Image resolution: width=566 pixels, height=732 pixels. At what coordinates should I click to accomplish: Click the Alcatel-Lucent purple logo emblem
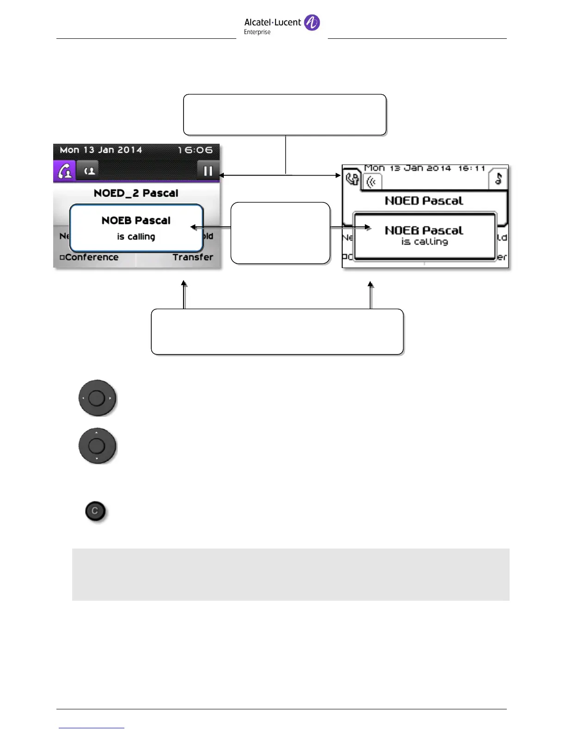coord(312,22)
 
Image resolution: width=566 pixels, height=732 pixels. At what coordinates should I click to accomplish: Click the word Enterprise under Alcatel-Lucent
coord(257,32)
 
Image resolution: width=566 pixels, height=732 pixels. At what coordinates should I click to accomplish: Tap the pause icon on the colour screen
coord(208,171)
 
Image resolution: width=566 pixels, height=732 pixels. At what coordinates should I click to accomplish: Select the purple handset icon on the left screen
coord(64,171)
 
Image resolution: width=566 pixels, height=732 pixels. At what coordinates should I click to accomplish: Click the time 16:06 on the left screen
coord(195,150)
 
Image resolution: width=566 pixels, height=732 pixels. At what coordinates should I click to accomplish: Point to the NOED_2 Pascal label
coord(136,193)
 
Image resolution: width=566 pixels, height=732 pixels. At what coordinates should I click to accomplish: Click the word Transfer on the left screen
coord(193,257)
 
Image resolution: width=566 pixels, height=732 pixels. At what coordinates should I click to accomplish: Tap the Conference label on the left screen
coord(91,257)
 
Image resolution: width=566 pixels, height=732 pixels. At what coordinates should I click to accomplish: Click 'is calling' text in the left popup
coord(136,237)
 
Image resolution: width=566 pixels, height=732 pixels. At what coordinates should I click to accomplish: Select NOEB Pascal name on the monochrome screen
coord(424,230)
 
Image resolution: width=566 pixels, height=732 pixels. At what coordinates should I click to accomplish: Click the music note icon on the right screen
coord(498,179)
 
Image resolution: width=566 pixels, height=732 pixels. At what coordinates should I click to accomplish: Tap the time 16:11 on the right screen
coord(471,168)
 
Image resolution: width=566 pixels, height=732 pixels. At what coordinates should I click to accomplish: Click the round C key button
coord(95,511)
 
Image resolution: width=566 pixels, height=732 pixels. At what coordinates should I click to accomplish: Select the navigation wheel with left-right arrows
coord(97,398)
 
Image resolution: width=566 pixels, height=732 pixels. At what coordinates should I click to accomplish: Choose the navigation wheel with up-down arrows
coord(97,446)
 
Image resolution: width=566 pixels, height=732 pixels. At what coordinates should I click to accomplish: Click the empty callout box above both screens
coord(285,115)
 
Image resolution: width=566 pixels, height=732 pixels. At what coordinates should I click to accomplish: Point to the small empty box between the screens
coord(280,233)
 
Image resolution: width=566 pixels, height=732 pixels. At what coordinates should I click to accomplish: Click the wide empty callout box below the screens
coord(277,332)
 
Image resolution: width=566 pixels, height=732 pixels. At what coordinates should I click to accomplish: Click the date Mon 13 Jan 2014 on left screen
coord(101,150)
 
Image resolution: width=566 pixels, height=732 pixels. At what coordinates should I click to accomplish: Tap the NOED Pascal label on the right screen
coord(424,201)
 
